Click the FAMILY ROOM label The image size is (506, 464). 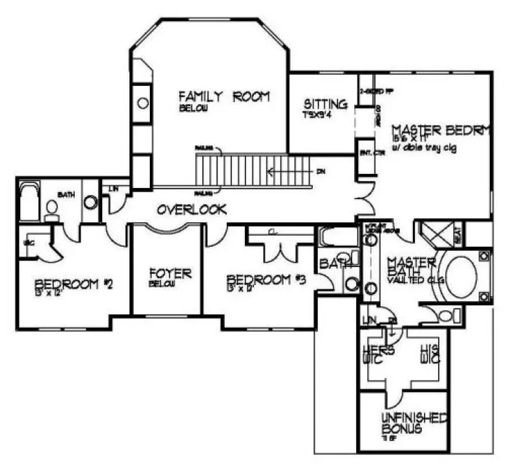point(223,97)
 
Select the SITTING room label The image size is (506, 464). point(325,105)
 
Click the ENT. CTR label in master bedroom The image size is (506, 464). point(367,152)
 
